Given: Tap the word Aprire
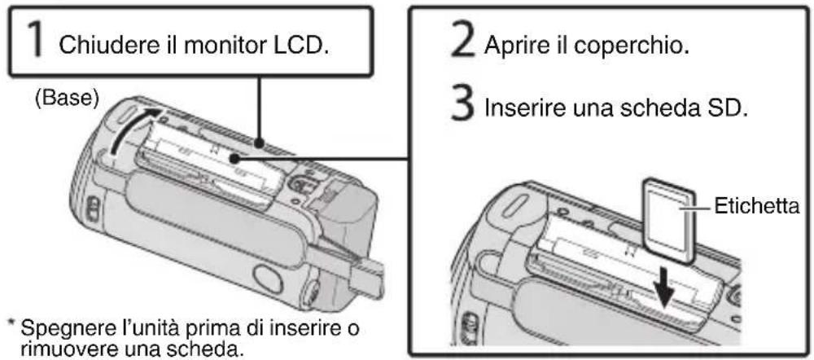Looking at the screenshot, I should point(517,48).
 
